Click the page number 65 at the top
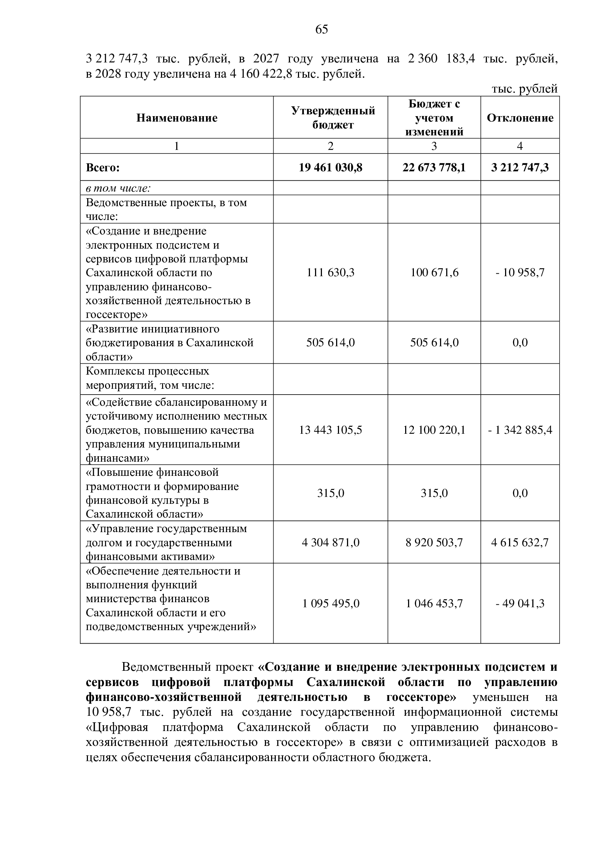(322, 29)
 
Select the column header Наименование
(177, 118)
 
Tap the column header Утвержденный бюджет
(333, 118)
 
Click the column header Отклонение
(520, 118)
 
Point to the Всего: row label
(103, 168)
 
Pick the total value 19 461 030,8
(330, 168)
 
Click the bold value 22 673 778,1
(434, 168)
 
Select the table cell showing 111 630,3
(330, 273)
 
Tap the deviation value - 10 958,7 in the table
(520, 273)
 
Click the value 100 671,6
(434, 273)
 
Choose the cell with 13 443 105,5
(330, 430)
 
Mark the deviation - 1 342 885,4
(520, 430)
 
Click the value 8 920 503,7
(434, 542)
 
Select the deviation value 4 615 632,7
(520, 542)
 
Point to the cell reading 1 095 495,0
(330, 604)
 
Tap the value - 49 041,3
(520, 604)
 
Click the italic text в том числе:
(118, 188)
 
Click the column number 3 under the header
(434, 146)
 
